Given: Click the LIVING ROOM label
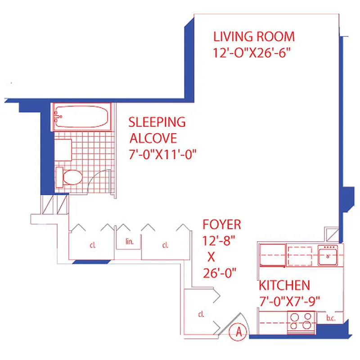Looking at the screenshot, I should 254,36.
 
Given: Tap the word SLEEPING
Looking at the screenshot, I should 157,122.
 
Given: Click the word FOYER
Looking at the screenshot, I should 221,224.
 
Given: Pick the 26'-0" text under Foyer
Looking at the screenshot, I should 219,273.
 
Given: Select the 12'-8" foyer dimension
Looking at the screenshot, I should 219,240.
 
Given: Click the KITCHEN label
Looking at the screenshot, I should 284,285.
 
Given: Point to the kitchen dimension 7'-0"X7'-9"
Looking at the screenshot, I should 291,302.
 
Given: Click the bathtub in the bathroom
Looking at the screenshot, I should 82,117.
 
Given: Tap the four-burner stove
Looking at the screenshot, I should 301,321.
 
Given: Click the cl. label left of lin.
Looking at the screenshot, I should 92,246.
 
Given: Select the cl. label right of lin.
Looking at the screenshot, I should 165,246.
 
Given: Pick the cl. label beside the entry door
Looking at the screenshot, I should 201,315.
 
